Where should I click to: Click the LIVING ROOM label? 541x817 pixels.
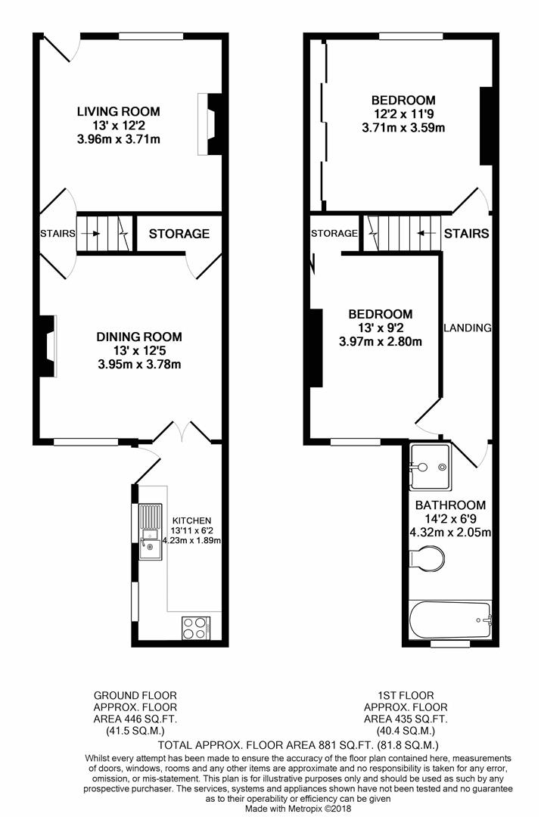tap(118, 111)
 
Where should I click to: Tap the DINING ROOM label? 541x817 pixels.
tap(139, 337)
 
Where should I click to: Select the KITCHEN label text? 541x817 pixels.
tap(191, 520)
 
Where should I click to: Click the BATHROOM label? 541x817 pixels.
tap(450, 505)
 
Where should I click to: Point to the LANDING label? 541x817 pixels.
tap(468, 328)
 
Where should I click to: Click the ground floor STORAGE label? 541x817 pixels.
tap(179, 234)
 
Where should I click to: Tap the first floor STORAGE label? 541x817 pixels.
tap(334, 234)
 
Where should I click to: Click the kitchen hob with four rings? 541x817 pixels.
tap(195, 628)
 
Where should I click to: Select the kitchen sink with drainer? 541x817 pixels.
tap(150, 532)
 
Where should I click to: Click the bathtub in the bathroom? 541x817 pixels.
tap(450, 620)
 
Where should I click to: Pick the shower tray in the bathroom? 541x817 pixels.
tap(430, 467)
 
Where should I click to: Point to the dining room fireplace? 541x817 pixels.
tap(47, 346)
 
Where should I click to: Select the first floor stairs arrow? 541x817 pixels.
tap(428, 234)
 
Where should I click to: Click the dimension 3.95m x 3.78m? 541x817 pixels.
tap(139, 364)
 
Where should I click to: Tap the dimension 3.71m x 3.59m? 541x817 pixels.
tap(403, 127)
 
